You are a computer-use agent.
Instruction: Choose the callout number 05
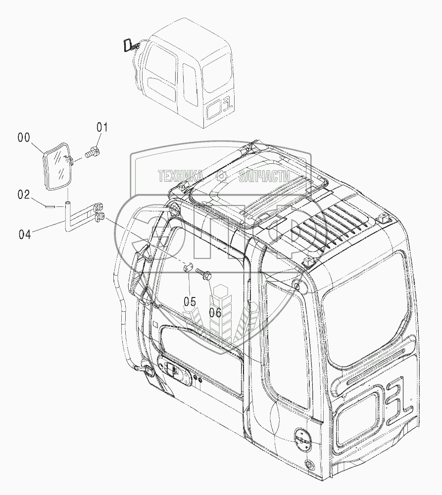[x=190, y=301]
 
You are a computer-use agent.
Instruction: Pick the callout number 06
[x=215, y=311]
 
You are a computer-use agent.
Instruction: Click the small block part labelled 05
[x=186, y=268]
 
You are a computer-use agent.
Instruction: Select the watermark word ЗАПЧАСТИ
[x=263, y=176]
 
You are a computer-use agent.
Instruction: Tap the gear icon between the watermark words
[x=221, y=176]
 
